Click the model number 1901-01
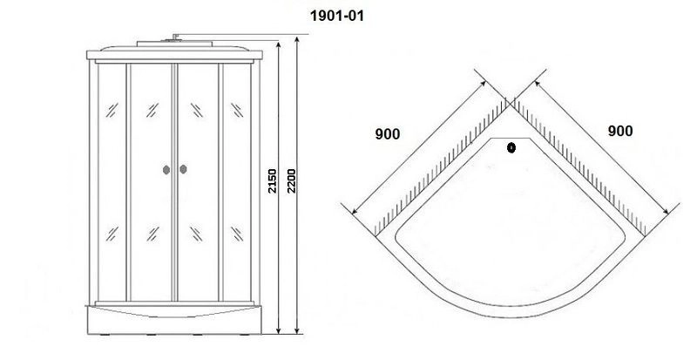[x=336, y=16]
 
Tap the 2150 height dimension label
[x=272, y=181]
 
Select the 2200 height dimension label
[x=291, y=181]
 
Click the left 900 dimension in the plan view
[x=388, y=134]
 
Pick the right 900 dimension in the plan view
[x=619, y=131]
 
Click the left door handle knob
[x=166, y=170]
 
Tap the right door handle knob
[x=183, y=169]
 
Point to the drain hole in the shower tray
[x=511, y=147]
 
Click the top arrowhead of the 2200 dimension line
[x=297, y=40]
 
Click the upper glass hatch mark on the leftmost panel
[x=112, y=110]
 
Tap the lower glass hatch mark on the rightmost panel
[x=237, y=234]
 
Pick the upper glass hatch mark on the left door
[x=152, y=110]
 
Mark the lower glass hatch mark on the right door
[x=197, y=234]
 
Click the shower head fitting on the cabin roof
[x=175, y=37]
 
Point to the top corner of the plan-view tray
[x=511, y=105]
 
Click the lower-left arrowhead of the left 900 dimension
[x=355, y=211]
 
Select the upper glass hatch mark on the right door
[x=197, y=110]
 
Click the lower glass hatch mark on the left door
[x=152, y=234]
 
